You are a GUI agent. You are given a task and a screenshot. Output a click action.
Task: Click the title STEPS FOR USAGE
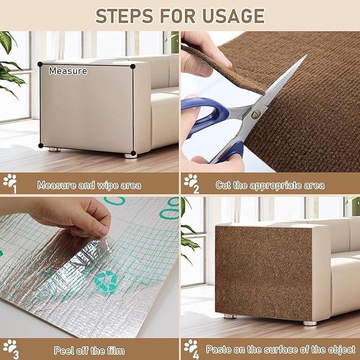click(180, 15)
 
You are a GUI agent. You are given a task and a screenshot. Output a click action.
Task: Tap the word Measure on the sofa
click(68, 71)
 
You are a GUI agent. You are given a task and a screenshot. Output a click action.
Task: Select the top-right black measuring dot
click(133, 66)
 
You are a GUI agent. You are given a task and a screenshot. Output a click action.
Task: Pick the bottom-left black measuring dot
click(40, 146)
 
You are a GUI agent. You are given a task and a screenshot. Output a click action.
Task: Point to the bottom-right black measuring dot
click(133, 154)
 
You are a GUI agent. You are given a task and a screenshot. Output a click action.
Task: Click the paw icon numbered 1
click(10, 183)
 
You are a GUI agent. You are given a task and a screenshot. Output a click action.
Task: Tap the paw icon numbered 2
click(191, 183)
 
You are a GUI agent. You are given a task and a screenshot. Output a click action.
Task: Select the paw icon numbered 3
click(10, 348)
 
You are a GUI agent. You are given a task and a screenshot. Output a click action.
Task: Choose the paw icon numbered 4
click(191, 348)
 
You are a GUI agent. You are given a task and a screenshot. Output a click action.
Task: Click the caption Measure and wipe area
click(89, 186)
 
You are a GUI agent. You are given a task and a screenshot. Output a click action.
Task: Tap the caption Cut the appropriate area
click(270, 186)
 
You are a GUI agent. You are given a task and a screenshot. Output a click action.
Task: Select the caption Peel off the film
click(89, 350)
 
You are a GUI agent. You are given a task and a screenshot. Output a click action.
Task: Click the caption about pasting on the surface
click(280, 350)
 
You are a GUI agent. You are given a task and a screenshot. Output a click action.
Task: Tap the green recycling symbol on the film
click(107, 282)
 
